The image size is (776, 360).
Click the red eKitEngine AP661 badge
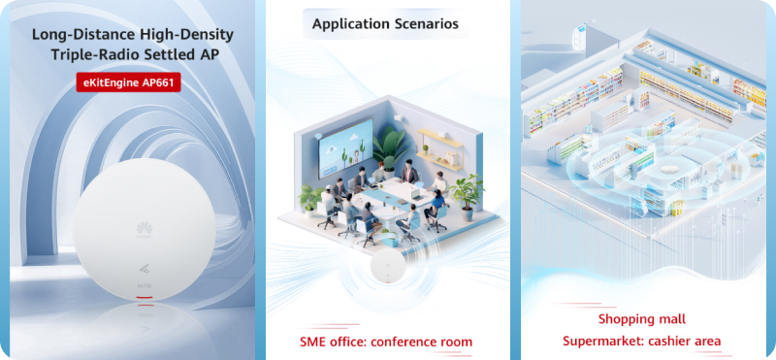click(128, 82)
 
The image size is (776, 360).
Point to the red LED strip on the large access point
click(144, 297)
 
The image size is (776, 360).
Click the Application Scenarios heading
click(385, 23)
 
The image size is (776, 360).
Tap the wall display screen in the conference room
click(346, 147)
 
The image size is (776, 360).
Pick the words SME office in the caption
click(332, 342)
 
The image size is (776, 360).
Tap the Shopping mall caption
click(642, 319)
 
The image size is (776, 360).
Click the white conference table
click(396, 198)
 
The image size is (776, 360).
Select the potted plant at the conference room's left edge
click(310, 199)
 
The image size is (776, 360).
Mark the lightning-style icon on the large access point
click(144, 271)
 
